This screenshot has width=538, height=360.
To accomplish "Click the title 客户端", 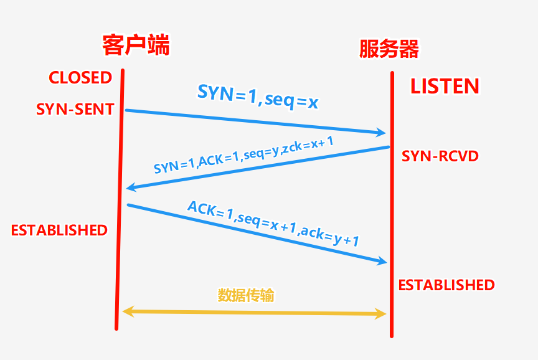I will pyautogui.click(x=136, y=45).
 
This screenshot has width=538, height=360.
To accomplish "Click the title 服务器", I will pyautogui.click(x=389, y=49).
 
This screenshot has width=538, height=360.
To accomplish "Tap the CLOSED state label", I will pyautogui.click(x=80, y=78).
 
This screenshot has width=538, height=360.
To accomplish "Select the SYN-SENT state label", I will pyautogui.click(x=75, y=110).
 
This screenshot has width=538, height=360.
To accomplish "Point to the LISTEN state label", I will pyautogui.click(x=445, y=87).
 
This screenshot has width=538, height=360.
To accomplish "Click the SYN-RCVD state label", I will pyautogui.click(x=440, y=156).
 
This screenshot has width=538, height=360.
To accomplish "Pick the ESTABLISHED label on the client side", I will pyautogui.click(x=59, y=230).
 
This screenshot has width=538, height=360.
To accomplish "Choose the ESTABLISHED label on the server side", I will pyautogui.click(x=446, y=285).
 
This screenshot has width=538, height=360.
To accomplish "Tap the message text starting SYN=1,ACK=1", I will pyautogui.click(x=244, y=156).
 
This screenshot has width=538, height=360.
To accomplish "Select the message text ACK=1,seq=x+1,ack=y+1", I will pyautogui.click(x=273, y=225).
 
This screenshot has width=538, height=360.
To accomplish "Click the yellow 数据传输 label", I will pyautogui.click(x=246, y=295).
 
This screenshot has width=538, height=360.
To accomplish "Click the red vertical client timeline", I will pyautogui.click(x=120, y=199).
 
